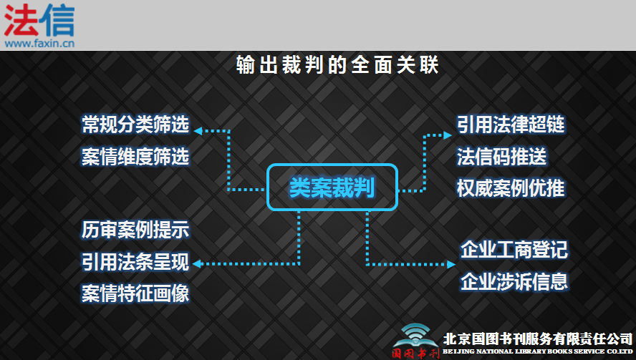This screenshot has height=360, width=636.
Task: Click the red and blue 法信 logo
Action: coord(39,21)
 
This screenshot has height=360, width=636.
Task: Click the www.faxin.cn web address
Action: coord(39,43)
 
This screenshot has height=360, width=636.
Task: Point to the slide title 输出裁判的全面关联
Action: coord(337,65)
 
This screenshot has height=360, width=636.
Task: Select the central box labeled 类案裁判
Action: coord(332,187)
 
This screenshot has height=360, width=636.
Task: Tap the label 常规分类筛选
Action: coord(135,125)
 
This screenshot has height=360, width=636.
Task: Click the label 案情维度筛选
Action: coord(135,157)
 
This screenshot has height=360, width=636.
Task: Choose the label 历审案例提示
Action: coord(135,230)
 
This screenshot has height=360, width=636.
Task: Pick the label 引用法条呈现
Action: coord(135,262)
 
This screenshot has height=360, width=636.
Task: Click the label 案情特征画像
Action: coord(135,293)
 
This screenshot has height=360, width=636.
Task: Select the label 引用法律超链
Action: coord(511,125)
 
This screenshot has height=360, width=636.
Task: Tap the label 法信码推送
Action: coord(502,157)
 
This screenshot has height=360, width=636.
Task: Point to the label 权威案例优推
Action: coord(511,188)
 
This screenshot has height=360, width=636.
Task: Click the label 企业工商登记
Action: coord(514,250)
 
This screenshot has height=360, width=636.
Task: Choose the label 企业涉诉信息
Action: coord(514,282)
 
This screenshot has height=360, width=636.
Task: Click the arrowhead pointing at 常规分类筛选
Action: coord(198,131)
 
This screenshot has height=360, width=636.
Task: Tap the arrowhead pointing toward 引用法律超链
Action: coord(448,135)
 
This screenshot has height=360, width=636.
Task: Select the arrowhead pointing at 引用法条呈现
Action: coord(197,264)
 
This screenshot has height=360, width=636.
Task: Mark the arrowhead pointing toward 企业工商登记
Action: coord(451,264)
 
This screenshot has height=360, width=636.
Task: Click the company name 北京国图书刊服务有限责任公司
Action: coord(538,339)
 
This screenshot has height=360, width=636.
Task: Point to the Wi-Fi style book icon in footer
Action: coord(415,335)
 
